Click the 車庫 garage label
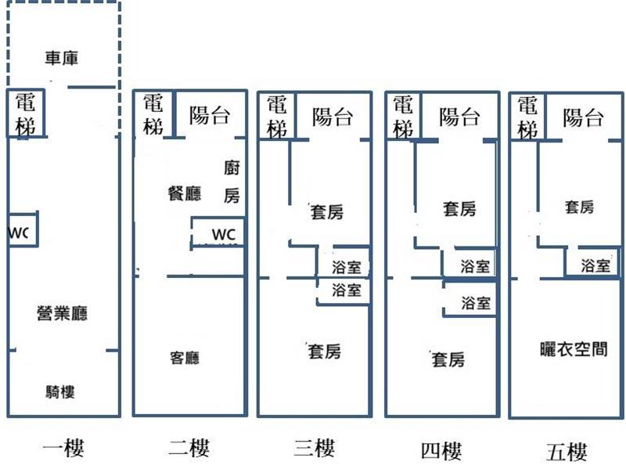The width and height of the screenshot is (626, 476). pos(62,58)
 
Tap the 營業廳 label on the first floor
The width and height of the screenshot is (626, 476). pos(63,314)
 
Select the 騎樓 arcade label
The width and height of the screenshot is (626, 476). pos(61,392)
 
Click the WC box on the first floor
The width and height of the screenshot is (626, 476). pos(22,233)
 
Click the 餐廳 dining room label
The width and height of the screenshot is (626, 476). pos(185,193)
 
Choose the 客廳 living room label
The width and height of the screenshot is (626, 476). pos(185,358)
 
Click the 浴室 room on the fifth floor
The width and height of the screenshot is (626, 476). pos(596,265)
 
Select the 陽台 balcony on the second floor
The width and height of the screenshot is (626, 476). pos(210,116)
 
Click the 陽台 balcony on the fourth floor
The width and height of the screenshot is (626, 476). pos(459,117)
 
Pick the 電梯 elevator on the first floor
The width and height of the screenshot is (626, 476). pos(26,114)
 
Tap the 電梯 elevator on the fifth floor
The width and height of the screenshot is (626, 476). pos(528,117)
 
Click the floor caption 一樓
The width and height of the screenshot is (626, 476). pos(63,449)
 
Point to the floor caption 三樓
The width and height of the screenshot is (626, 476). pos(314,449)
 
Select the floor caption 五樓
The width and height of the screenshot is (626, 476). pos(567,451)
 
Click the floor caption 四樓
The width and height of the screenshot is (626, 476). pos(441,450)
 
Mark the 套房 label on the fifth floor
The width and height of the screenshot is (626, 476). pos(579,207)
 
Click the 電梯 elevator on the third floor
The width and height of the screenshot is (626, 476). pos(276,117)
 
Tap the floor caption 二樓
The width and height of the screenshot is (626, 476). pos(189,449)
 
